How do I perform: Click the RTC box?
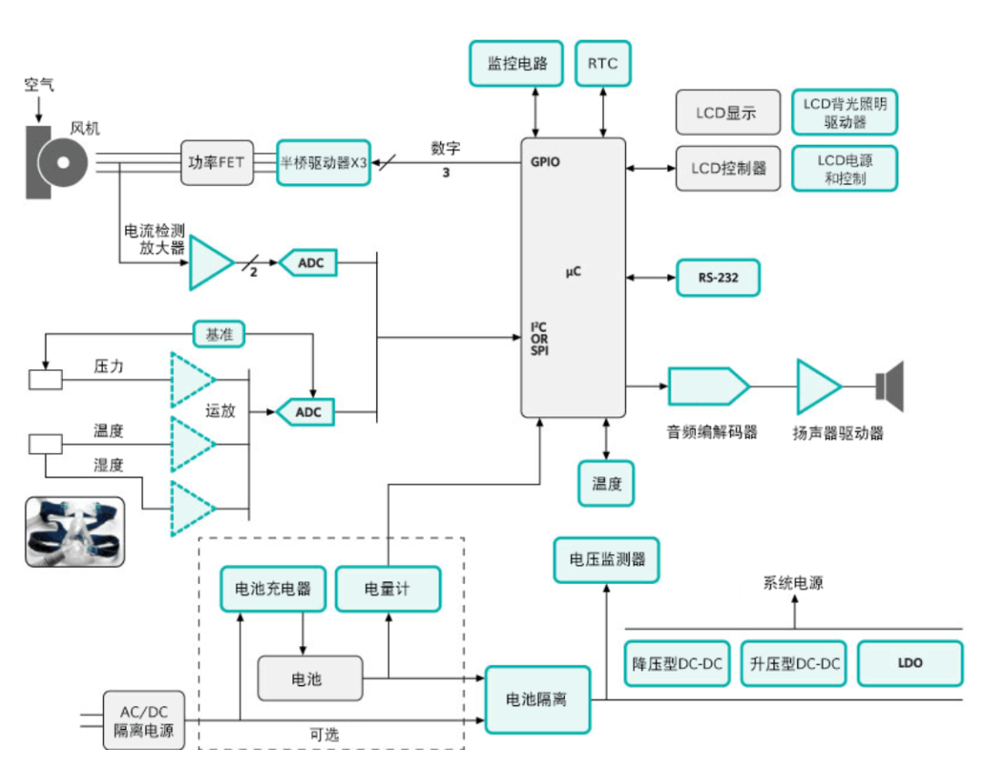pos(602,64)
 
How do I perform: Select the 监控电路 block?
pos(517,64)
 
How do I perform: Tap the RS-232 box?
pos(718,277)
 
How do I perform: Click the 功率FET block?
pos(217,162)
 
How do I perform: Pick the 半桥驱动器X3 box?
pos(323,162)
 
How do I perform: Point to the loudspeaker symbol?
pos(890,386)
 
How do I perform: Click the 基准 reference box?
pos(219,334)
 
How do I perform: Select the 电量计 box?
pos(388,589)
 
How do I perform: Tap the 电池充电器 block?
pos(273,589)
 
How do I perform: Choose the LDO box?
pos(910,663)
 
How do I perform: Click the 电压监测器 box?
pos(606,560)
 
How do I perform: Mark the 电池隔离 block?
pos(538,700)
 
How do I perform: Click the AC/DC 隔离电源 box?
pos(144,721)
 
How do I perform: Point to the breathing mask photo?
pos(75,532)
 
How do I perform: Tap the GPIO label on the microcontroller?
pos(545,162)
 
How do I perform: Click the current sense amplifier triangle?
pos(210,262)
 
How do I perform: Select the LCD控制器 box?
pos(728,169)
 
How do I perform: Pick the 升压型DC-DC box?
pos(794,663)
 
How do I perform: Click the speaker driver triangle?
pos(817,386)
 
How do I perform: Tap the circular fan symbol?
pos(63,162)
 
